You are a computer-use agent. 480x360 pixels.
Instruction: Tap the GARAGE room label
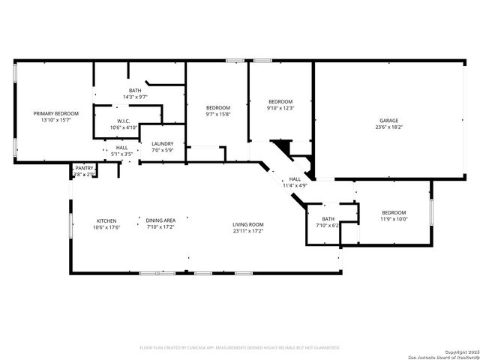coord(388,121)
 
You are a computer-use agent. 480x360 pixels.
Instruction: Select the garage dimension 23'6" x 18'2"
coord(388,127)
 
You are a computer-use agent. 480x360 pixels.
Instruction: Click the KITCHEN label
coord(106,220)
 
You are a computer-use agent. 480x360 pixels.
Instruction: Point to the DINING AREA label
coord(160,220)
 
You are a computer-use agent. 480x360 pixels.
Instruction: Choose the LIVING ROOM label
coord(247,224)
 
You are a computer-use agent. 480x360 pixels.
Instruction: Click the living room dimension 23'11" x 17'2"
coord(247,231)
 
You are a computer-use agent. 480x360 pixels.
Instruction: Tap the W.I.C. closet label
coord(124,121)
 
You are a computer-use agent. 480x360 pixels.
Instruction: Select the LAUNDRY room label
coord(163,144)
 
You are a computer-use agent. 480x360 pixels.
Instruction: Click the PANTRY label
coord(84,168)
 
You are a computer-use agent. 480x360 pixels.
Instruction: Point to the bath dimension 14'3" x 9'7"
coord(135,97)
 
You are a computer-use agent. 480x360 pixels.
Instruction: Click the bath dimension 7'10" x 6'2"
coord(328,225)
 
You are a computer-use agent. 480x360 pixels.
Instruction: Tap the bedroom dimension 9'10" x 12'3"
coord(280,108)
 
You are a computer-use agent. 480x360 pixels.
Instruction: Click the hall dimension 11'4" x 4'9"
coord(295,185)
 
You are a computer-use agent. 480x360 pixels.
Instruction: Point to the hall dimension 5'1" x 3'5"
coord(121,154)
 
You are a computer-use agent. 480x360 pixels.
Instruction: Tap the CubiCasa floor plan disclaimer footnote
coord(240,348)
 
